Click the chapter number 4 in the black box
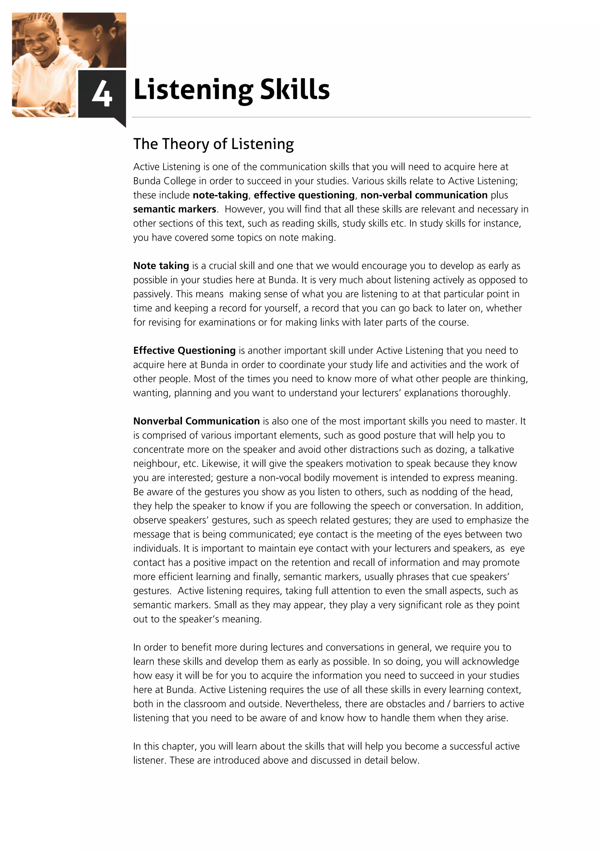pos(102,94)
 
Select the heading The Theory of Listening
pos(213,144)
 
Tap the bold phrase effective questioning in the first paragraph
pos(304,195)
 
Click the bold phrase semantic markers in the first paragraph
pos(174,209)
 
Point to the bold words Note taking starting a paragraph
pos(161,266)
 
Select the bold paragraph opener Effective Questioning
pos(184,351)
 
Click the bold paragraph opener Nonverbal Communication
pos(196,421)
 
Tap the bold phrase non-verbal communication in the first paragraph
pos(424,195)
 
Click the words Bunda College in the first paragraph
pos(164,181)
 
